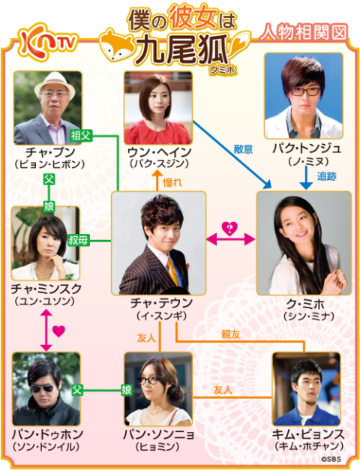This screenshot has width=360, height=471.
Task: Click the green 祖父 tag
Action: tap(81, 136)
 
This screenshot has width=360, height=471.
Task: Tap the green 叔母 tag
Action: tap(79, 240)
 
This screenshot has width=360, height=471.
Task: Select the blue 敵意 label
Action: tap(243, 149)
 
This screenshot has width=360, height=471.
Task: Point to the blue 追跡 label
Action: tap(327, 176)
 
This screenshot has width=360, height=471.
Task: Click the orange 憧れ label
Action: tap(172, 182)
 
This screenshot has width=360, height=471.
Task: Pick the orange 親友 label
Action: tap(230, 334)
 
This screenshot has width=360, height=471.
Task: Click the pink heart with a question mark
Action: tap(230, 229)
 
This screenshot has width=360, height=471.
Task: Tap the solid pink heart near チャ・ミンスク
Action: tap(58, 331)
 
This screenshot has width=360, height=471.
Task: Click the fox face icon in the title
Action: tap(115, 45)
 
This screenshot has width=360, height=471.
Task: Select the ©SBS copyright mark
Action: tap(331, 459)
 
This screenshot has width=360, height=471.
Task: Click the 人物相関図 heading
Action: tap(303, 32)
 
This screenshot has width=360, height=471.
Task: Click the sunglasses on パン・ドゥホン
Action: tap(42, 388)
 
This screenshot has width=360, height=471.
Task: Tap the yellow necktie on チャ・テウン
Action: tap(172, 271)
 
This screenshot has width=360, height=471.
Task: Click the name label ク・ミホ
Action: tap(305, 304)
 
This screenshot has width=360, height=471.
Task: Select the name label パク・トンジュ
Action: tap(307, 148)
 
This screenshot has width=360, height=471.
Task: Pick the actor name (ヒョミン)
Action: tap(157, 447)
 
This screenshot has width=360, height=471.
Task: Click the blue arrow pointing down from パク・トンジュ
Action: tap(307, 178)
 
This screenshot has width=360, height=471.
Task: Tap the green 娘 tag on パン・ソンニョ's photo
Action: tap(127, 390)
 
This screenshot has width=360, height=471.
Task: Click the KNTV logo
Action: tap(48, 42)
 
